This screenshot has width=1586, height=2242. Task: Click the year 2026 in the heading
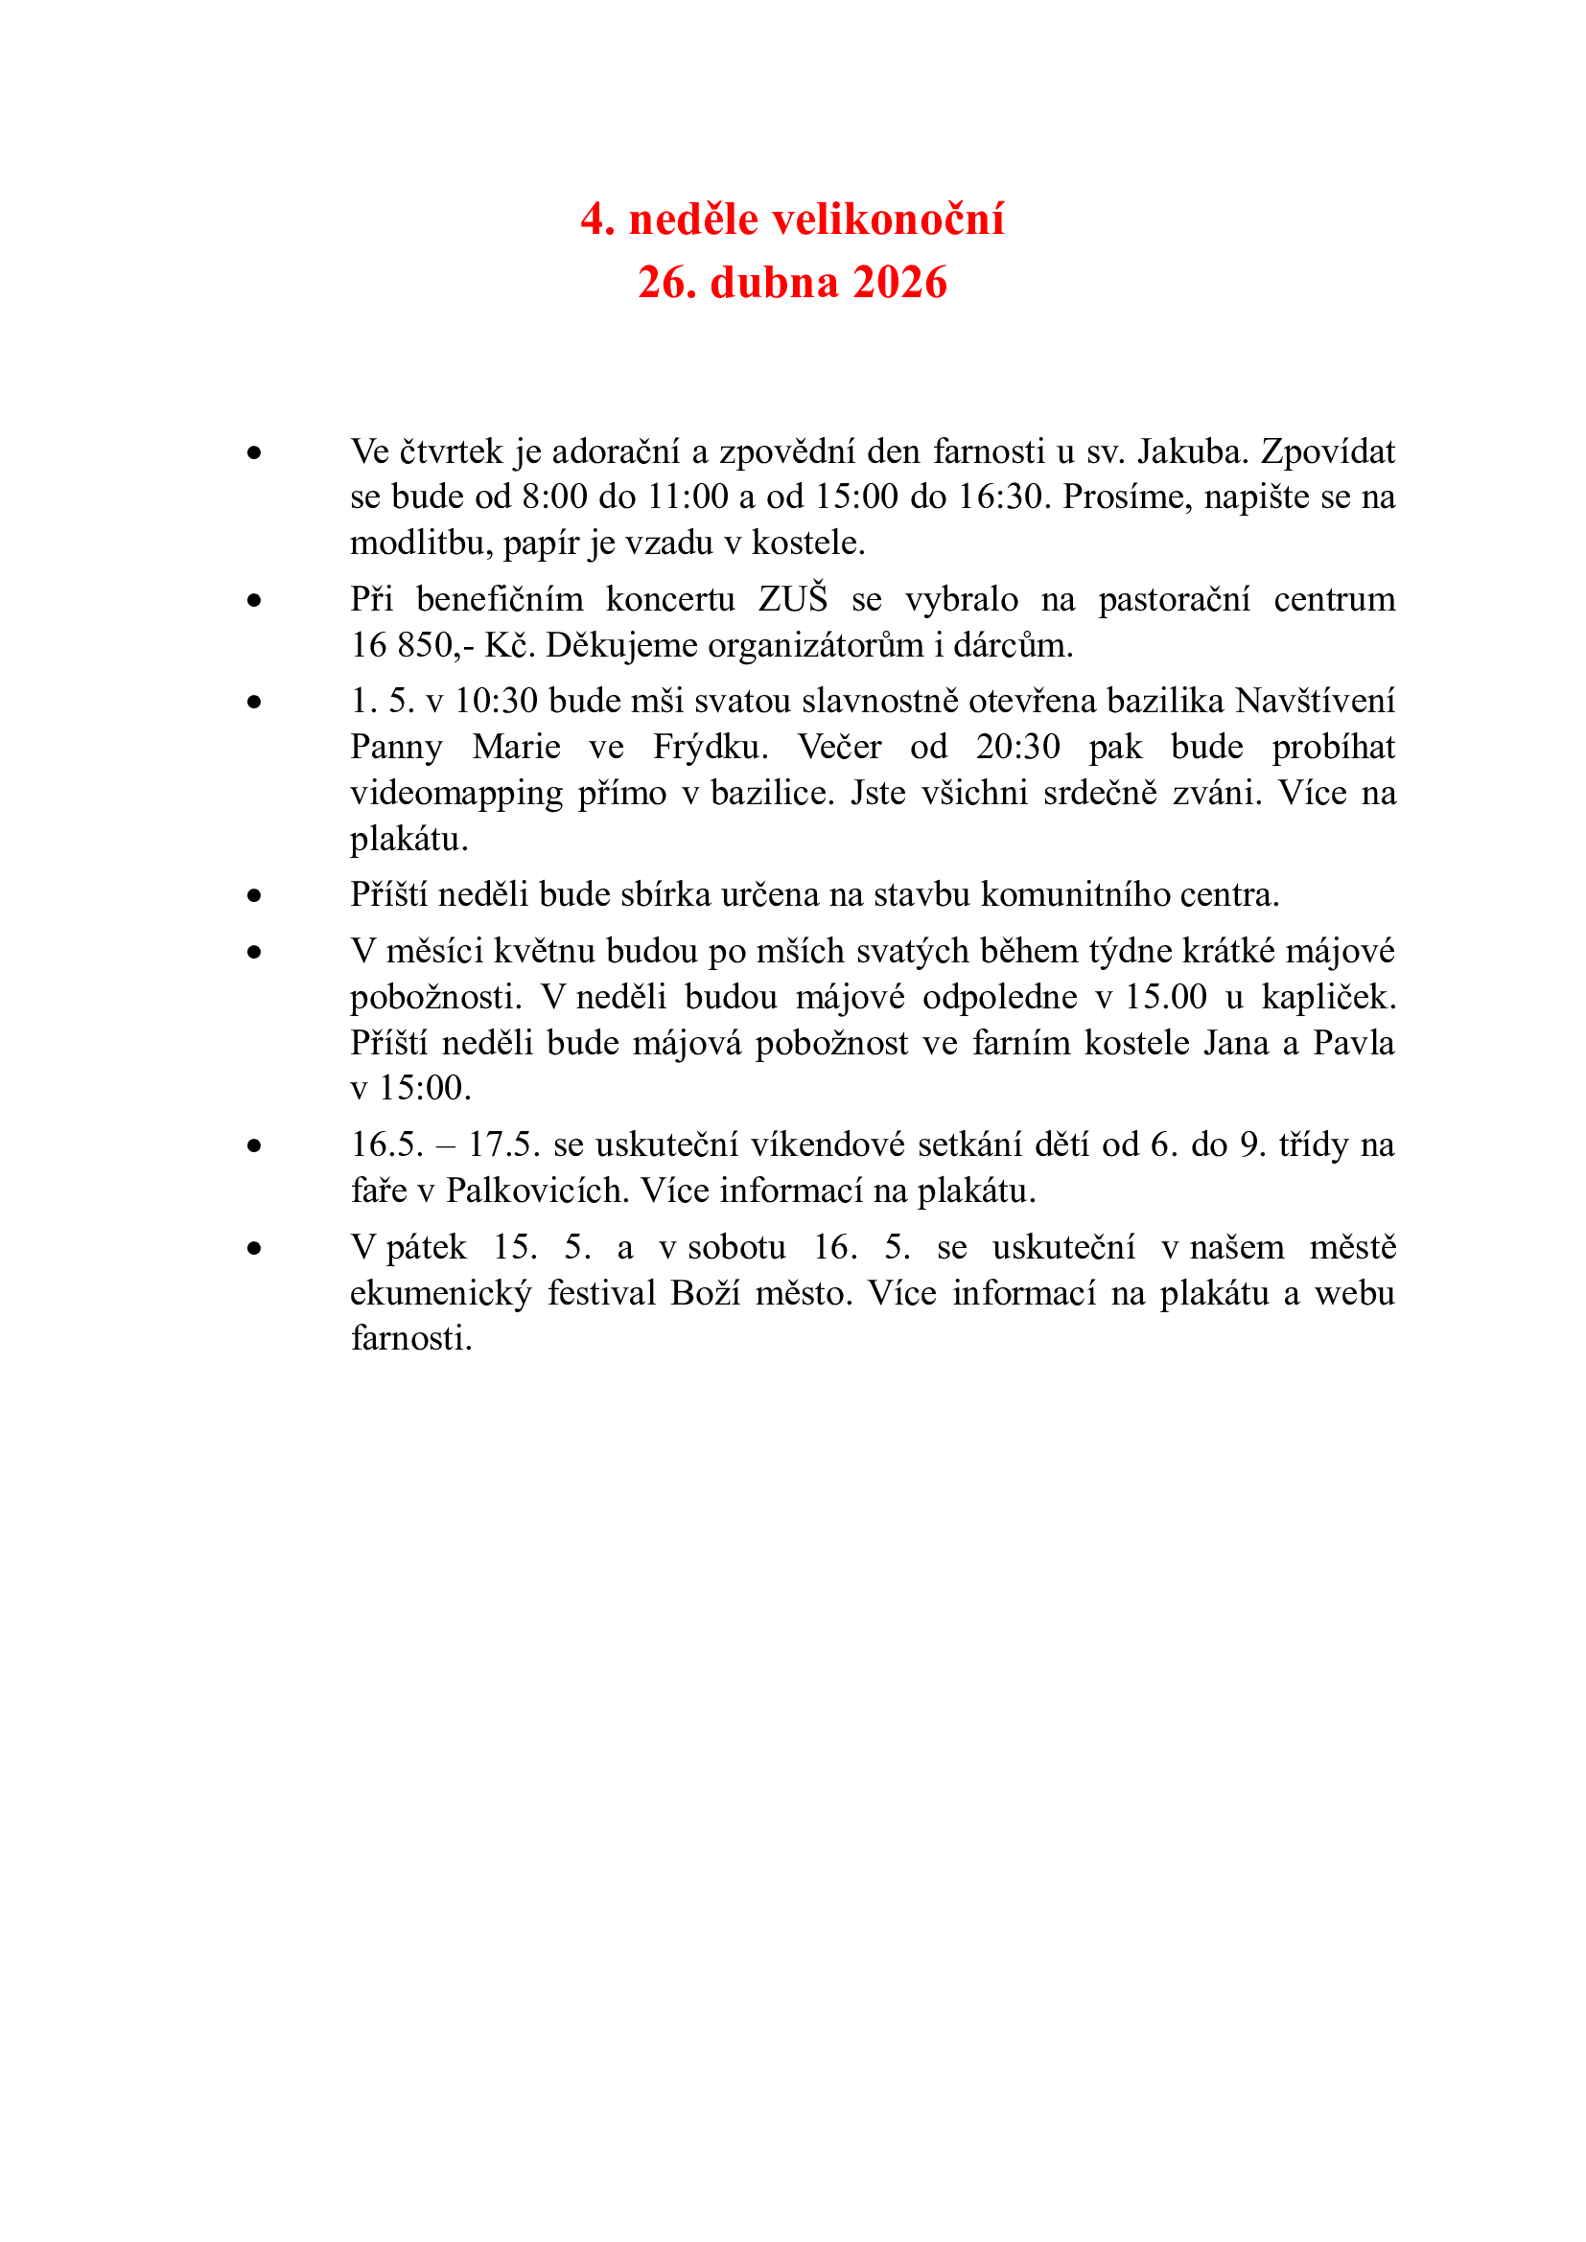pyautogui.click(x=899, y=282)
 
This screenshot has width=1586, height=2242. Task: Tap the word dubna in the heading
pyautogui.click(x=774, y=282)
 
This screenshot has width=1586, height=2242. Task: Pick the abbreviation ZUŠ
pyautogui.click(x=792, y=598)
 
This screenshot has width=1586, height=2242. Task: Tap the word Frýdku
pyautogui.click(x=710, y=747)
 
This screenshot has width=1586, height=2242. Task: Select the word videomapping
pyautogui.click(x=456, y=793)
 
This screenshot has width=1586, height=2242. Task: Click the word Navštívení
pyautogui.click(x=1315, y=701)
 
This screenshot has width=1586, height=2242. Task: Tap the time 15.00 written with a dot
pyautogui.click(x=1166, y=997)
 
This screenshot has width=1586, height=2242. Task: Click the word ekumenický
pyautogui.click(x=440, y=1293)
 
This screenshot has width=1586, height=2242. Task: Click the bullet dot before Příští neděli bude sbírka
pyautogui.click(x=255, y=895)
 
